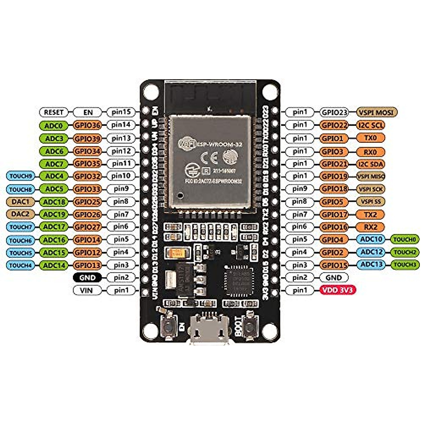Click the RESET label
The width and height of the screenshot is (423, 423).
(x=54, y=112)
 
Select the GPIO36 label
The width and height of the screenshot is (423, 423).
(x=87, y=125)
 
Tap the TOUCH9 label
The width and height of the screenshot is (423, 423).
(x=21, y=176)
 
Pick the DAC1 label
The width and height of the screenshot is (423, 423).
(x=21, y=202)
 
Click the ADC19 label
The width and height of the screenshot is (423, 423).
(x=54, y=214)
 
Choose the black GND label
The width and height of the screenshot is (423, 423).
(x=87, y=277)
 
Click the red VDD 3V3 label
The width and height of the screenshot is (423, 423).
(x=338, y=290)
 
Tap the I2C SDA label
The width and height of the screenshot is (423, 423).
(x=370, y=164)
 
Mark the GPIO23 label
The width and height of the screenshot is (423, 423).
(x=333, y=112)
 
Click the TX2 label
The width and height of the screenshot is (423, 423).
(x=370, y=214)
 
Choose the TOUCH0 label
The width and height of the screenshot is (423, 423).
(x=405, y=240)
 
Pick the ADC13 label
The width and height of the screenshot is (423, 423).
(x=372, y=265)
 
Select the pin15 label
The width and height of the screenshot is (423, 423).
(x=121, y=112)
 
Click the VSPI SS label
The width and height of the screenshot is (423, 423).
(x=370, y=202)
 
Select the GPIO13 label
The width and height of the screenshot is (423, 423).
(x=87, y=265)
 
